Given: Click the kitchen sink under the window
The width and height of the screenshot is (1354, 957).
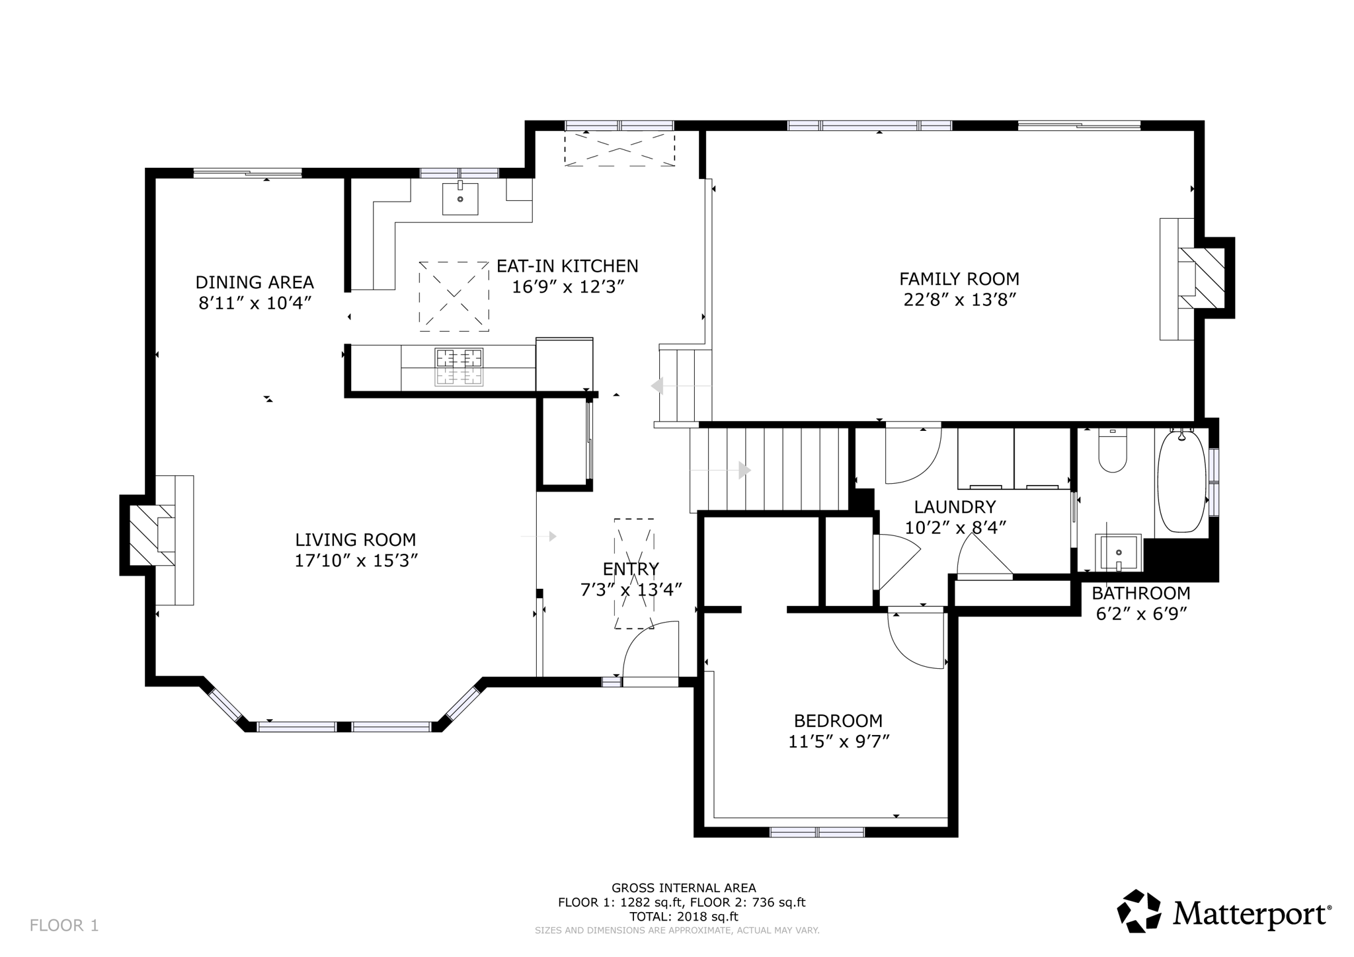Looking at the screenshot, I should point(460,198).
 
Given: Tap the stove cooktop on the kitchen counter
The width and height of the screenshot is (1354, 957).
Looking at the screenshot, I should point(458,367).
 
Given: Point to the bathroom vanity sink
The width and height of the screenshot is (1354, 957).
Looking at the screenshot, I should point(1119,553).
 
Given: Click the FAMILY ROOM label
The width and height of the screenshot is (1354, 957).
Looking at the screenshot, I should point(959,279).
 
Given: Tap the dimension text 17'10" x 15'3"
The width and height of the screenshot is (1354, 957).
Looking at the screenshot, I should point(356,561).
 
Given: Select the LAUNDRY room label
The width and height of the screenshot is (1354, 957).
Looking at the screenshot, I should point(955,507).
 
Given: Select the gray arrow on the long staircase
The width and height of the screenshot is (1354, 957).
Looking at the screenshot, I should point(744,470).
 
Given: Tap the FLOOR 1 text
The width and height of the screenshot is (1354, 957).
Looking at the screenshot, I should point(64,925).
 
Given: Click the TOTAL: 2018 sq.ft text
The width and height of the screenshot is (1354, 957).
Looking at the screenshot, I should point(683,917).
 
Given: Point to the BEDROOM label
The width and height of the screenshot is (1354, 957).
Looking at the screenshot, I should point(838,720).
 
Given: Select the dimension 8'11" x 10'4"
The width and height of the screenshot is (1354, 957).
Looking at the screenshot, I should point(255,303).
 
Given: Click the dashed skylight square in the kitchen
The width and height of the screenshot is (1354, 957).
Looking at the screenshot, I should point(454,296).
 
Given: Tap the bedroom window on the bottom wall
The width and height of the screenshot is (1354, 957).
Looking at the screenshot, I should point(817,831).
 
